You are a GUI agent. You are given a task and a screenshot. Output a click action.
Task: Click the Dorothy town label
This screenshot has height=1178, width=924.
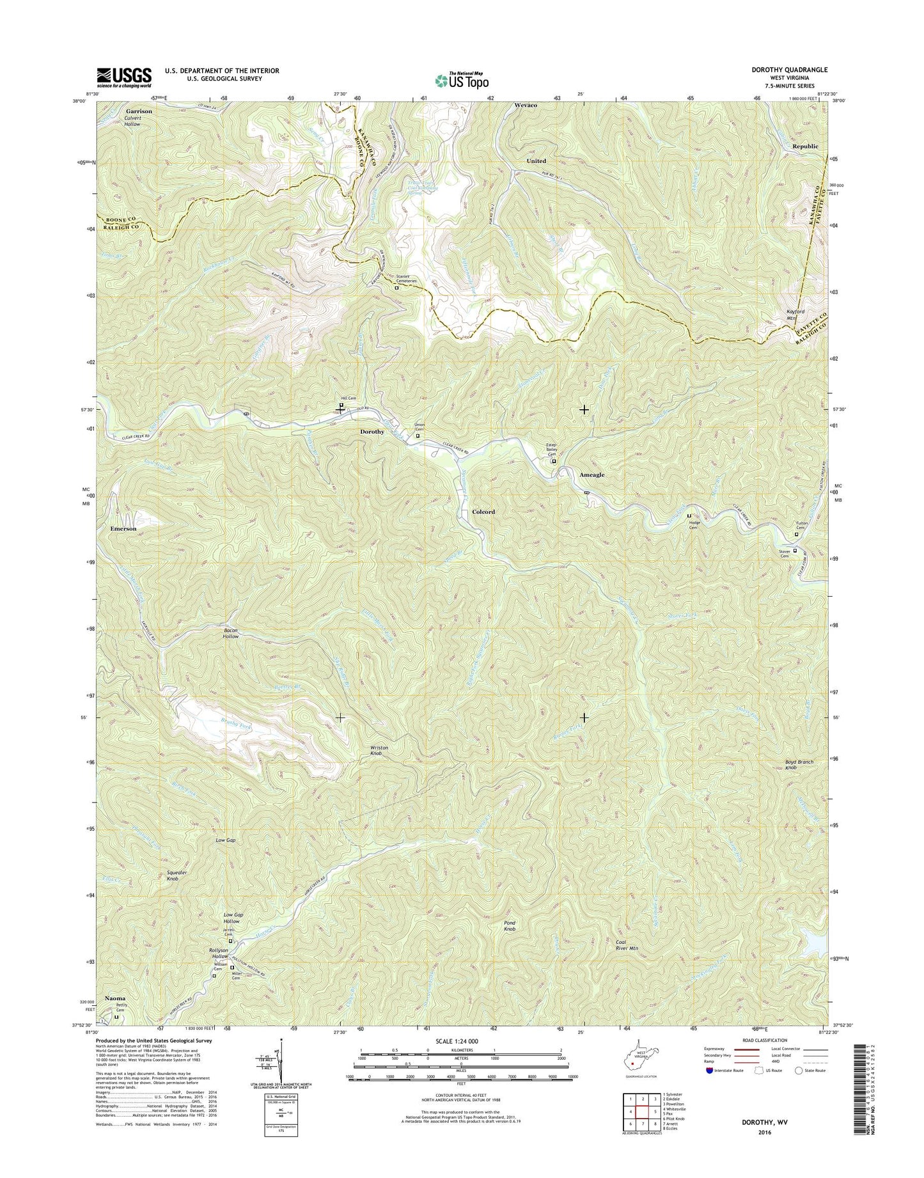(372, 432)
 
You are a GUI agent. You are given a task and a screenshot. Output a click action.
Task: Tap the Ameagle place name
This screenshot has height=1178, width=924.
(591, 475)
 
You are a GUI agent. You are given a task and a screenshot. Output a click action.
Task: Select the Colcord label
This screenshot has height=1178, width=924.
(483, 512)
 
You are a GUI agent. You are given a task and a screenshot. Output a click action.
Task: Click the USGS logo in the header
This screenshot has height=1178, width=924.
(124, 77)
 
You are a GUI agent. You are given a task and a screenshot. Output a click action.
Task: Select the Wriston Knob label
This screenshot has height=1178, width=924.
(379, 751)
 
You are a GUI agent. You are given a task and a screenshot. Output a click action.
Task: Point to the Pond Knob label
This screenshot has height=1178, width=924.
(509, 926)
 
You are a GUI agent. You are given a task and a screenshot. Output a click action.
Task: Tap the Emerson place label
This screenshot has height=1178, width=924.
(123, 529)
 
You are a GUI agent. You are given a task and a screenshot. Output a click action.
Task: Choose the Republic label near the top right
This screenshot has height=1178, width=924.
(805, 146)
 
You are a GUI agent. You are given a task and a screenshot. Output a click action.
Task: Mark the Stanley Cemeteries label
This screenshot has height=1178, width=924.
(407, 279)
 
